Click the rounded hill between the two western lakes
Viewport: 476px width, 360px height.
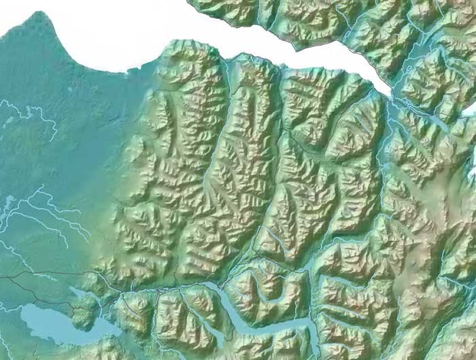[85, 314]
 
